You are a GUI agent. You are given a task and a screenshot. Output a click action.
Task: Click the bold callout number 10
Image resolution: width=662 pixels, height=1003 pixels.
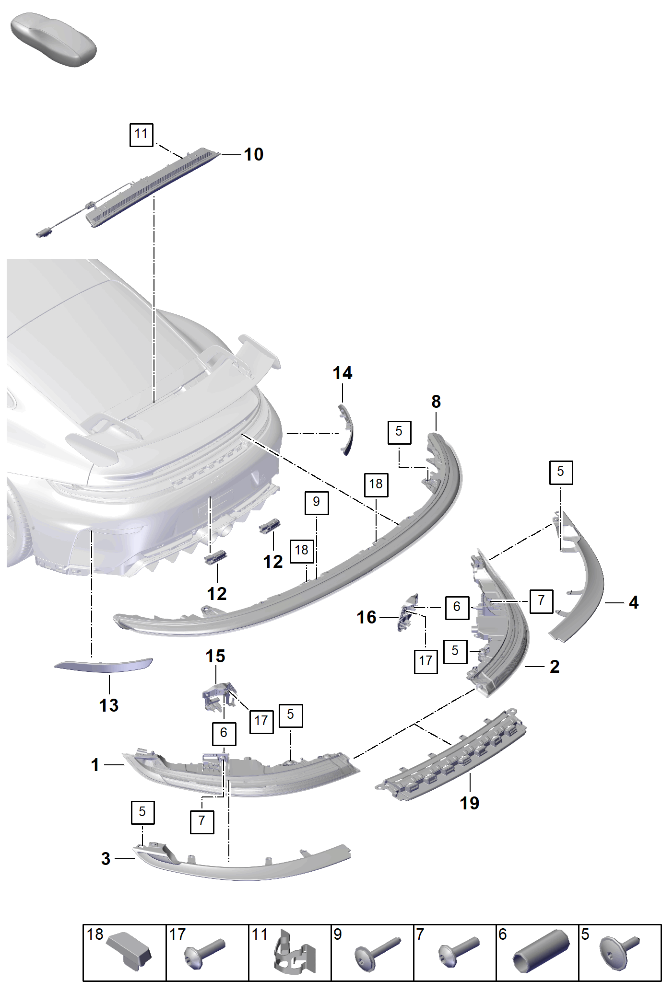pos(253,154)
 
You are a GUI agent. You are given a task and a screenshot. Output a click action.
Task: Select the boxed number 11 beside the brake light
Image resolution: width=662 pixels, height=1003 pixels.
pos(142,134)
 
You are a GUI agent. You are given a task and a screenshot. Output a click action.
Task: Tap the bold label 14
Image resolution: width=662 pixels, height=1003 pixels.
pos(343,373)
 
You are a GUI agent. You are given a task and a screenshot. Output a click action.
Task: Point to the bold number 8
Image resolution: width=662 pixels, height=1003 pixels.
pos(436,402)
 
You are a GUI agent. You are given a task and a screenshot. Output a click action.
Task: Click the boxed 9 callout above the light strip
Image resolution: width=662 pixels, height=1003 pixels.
pos(317,503)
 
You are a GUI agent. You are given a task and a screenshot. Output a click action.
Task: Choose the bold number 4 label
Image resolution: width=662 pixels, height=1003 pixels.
pos(634,602)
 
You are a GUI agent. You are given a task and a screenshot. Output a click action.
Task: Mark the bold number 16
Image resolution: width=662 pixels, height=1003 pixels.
pos(366,617)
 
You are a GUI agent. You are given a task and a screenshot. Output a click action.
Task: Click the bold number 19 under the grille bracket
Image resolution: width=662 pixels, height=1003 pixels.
pos(470,803)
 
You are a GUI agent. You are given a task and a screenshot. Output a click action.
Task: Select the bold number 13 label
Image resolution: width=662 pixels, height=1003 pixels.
pos(109,705)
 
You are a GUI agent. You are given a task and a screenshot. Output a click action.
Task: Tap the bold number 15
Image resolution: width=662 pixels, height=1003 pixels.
pos(215,656)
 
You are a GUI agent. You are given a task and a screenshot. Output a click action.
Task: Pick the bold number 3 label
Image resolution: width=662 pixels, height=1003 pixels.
pos(106,858)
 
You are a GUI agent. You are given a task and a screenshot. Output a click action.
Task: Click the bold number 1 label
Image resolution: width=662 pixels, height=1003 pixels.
pos(95,764)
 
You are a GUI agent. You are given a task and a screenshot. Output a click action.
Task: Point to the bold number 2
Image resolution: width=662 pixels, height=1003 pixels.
pos(555,667)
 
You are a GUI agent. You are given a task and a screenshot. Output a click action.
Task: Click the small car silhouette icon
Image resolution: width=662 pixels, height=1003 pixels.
pos(53,40)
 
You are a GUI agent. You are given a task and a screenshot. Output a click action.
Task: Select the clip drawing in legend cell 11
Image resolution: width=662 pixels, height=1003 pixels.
pos(294,954)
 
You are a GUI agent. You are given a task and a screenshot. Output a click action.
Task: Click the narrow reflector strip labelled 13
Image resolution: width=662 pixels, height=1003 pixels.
pos(103,665)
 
